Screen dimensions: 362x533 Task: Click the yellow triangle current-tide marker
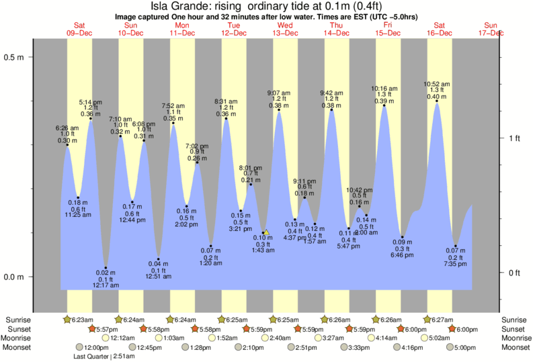point(266,232)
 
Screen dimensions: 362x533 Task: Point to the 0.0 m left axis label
point(15,277)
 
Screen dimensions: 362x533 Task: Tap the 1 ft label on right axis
point(514,138)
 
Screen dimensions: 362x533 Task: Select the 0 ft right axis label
point(514,273)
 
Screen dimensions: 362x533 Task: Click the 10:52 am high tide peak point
point(437,102)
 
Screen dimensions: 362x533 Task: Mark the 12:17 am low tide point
point(106,267)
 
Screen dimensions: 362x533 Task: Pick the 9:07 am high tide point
point(279,110)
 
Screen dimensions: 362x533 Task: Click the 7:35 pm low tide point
point(456,246)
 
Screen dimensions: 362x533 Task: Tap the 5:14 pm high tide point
point(91,119)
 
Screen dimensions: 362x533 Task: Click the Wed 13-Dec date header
point(286,28)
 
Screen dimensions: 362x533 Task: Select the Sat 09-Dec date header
point(80,28)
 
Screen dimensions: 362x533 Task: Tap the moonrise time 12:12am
point(124,338)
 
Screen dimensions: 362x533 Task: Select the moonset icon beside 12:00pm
point(80,348)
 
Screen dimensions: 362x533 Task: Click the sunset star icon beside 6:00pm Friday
point(401,329)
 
